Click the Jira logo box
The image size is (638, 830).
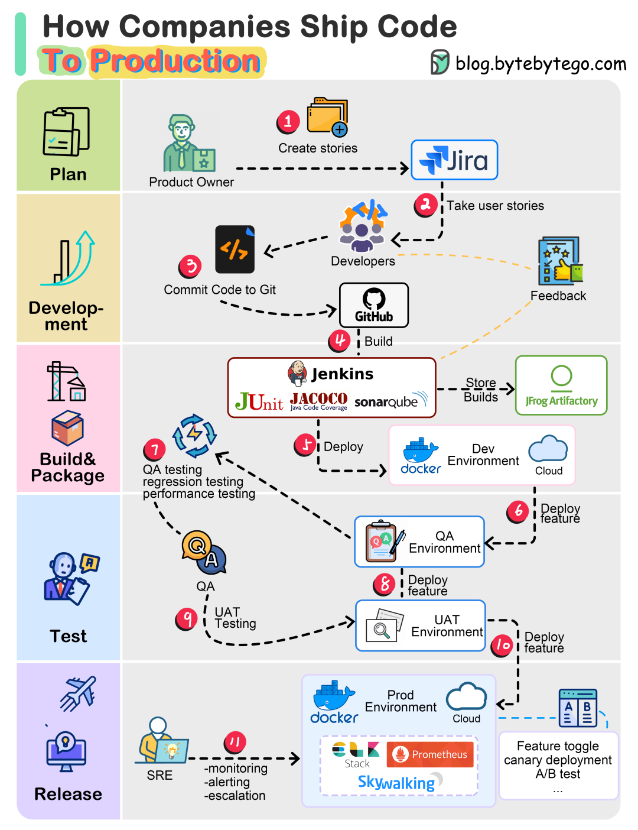coord(454,160)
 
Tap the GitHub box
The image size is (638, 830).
coord(374,305)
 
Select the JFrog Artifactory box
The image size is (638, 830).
coord(561,385)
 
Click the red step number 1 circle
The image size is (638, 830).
coord(288,122)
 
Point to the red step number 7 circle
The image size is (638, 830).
coord(155,450)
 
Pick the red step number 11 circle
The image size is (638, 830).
coord(235,742)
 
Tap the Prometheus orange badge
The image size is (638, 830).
coord(431,754)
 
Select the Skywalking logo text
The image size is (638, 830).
coord(396,783)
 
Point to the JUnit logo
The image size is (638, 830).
coord(259,402)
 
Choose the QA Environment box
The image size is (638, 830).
coord(419,542)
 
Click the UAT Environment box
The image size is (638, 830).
coord(421,626)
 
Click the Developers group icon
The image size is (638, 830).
coord(362,227)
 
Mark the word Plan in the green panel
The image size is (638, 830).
coord(68,174)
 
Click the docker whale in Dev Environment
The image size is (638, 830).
coord(420,452)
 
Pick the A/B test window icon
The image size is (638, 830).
coord(578,708)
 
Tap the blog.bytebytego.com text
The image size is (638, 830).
coord(541,63)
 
